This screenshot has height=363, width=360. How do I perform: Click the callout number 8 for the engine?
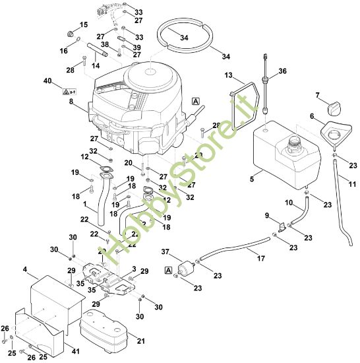(71, 102)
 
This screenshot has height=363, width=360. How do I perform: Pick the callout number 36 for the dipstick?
(282, 71)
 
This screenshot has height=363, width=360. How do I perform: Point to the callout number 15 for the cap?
(83, 24)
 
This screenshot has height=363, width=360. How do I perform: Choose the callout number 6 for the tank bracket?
(312, 116)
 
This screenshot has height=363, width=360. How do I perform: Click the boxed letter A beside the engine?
(195, 101)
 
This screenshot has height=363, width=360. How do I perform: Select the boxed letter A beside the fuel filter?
(169, 270)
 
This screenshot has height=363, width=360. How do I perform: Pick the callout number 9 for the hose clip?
(268, 216)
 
